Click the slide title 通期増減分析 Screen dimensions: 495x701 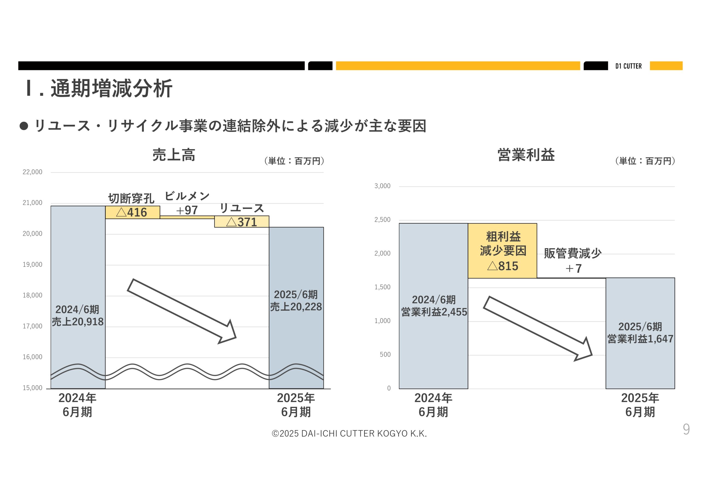tap(111, 88)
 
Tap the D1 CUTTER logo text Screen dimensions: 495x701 tap(628, 66)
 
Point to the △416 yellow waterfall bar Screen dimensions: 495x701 tap(132, 212)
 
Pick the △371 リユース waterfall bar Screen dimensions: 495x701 tap(242, 222)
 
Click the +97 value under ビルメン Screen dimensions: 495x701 tap(187, 210)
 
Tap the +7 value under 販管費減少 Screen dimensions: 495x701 tap(573, 268)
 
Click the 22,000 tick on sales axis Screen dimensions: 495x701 tap(32, 172)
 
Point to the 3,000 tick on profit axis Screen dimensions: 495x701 tap(382, 186)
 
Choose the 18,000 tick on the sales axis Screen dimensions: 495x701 tap(32, 295)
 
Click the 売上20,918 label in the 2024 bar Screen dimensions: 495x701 tap(77, 322)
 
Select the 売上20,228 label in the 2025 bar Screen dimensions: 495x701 tap(296, 307)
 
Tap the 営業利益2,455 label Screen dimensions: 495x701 tap(433, 312)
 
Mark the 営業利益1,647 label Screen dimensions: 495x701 tap(640, 339)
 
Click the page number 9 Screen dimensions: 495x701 tap(686, 429)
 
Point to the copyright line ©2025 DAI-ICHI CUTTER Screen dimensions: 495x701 tap(349, 433)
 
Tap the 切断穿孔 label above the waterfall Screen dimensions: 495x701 tap(131, 199)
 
